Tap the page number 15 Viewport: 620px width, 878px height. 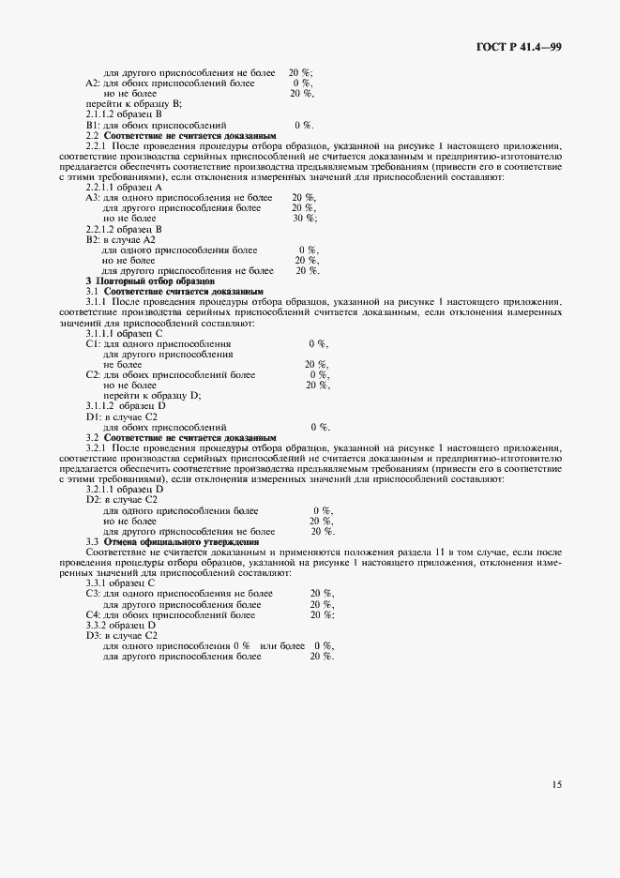coord(556,784)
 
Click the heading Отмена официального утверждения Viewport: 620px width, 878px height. coord(181,542)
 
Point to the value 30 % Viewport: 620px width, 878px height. coord(304,218)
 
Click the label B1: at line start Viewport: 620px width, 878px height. coord(93,124)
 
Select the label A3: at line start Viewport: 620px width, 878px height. coord(93,197)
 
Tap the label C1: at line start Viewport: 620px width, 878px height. coord(93,343)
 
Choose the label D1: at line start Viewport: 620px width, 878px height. coord(93,416)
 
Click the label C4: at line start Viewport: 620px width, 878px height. coord(93,615)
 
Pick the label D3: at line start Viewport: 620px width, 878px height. coord(93,636)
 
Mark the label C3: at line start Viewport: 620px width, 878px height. coord(93,594)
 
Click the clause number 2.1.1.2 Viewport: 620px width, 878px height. coord(104,114)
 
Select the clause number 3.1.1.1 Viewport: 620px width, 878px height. coord(104,333)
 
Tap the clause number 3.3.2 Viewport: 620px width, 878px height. coord(99,626)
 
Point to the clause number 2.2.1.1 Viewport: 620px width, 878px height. coord(104,187)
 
